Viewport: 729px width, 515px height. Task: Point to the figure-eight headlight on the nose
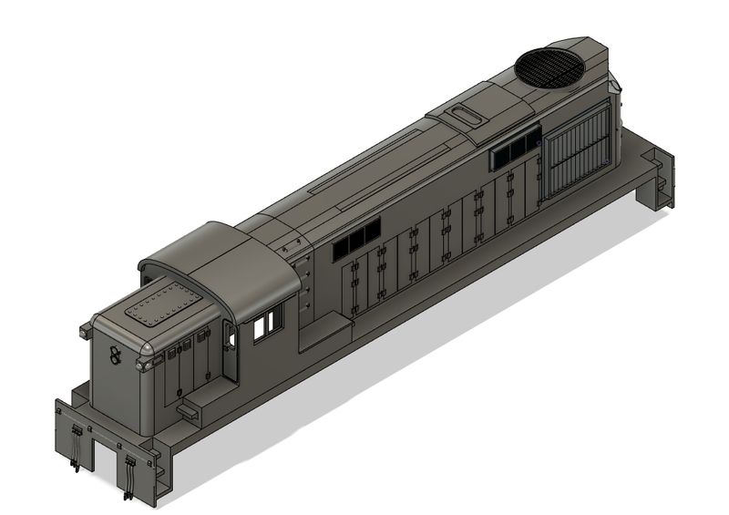[116, 355]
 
